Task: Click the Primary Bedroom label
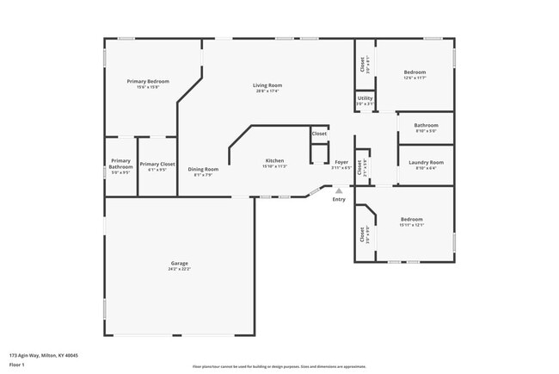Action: (x=148, y=81)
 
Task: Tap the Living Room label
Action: (x=267, y=85)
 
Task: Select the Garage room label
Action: (x=179, y=263)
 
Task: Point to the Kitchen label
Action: (x=274, y=161)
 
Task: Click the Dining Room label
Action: (x=204, y=169)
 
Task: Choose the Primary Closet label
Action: (x=157, y=164)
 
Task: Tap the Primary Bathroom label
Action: (x=120, y=164)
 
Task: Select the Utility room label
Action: (x=365, y=98)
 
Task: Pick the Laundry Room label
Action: (x=426, y=162)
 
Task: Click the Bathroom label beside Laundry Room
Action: (x=426, y=125)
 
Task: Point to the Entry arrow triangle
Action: (x=339, y=191)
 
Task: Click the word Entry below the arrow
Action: (x=339, y=200)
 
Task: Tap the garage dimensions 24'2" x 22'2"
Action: (x=179, y=269)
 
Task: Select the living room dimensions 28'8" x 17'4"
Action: (x=267, y=90)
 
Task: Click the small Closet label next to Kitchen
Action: (x=319, y=134)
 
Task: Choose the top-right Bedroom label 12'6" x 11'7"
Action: (x=415, y=72)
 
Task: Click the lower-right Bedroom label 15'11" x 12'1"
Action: (x=411, y=219)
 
